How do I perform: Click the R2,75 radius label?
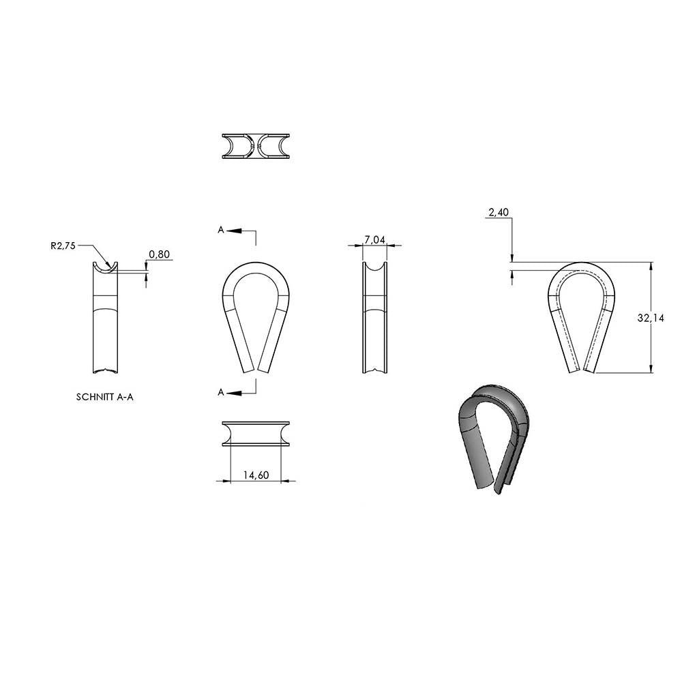click(x=63, y=246)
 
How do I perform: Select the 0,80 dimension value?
click(x=159, y=254)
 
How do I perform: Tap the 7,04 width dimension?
click(x=374, y=239)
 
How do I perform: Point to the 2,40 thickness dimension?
click(x=499, y=212)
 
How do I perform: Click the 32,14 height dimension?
click(x=651, y=318)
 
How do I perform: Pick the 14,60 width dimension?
click(x=256, y=475)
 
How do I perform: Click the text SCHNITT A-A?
click(x=105, y=397)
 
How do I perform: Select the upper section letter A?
click(x=221, y=230)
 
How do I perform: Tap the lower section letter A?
click(x=221, y=392)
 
